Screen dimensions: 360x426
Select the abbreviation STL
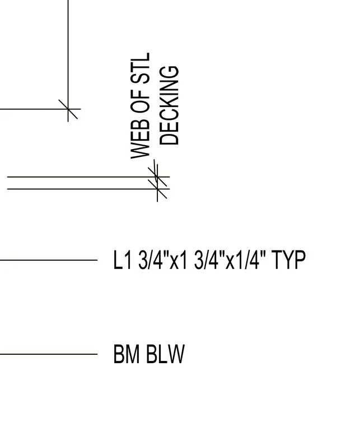click(141, 68)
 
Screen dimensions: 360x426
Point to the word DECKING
click(169, 105)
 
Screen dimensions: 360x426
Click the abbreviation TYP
click(289, 260)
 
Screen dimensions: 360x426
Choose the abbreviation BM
click(127, 354)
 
